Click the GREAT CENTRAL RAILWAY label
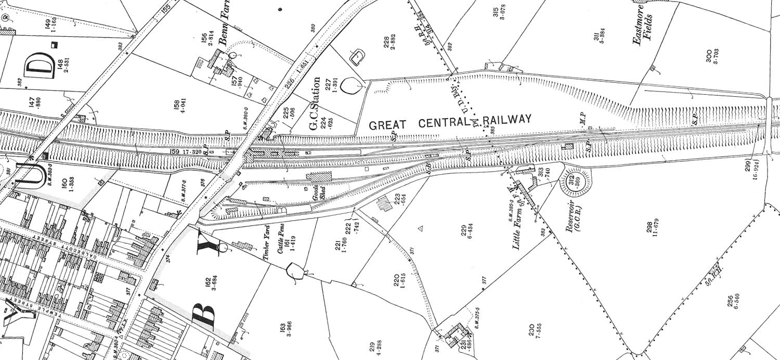pos(450,122)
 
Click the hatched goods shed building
pos(319,176)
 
